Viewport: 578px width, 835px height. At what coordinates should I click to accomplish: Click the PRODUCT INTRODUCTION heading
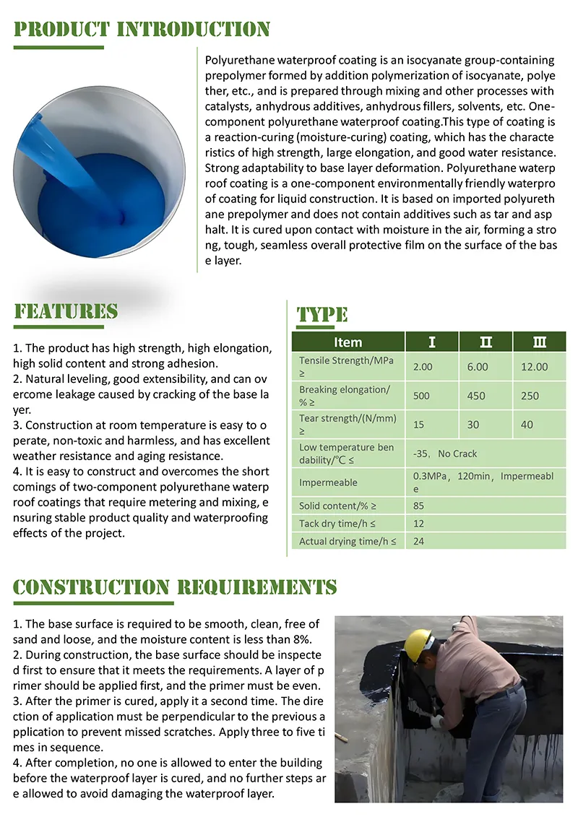tap(142, 30)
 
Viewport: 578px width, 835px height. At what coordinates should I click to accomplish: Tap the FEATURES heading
tap(66, 311)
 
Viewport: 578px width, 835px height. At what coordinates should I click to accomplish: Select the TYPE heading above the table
tap(322, 315)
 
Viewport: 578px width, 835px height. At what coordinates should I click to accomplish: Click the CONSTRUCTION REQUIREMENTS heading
tap(175, 587)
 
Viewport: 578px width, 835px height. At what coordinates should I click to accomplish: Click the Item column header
tap(348, 342)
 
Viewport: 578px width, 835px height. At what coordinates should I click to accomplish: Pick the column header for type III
tap(539, 342)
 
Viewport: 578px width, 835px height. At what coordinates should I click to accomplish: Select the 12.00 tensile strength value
tap(535, 367)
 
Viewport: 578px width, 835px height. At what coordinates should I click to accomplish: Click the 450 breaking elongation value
tap(477, 396)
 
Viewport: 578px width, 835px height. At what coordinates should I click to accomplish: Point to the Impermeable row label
tap(328, 483)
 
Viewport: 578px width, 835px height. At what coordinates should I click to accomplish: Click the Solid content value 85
tap(419, 506)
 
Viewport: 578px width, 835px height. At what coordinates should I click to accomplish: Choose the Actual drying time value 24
tap(419, 540)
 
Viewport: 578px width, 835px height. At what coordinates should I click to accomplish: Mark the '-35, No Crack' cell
tap(445, 454)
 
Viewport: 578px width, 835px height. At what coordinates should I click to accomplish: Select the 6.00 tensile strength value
tap(478, 367)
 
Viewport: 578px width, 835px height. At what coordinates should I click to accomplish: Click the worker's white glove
tap(437, 721)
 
